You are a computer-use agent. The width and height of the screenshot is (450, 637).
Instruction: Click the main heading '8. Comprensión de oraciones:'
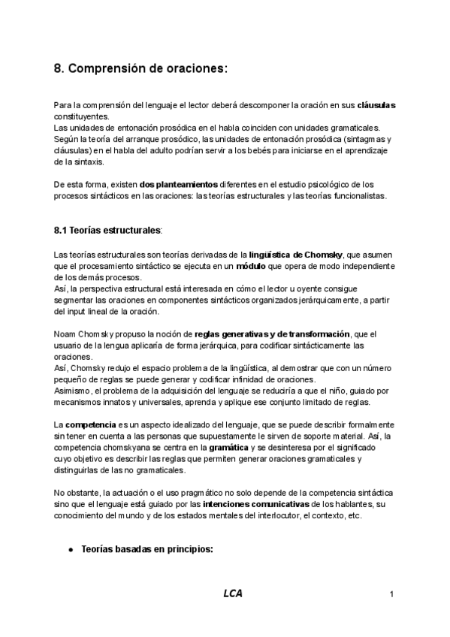[x=140, y=68]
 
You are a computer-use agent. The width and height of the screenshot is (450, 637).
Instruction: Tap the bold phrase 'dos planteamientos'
[x=178, y=183]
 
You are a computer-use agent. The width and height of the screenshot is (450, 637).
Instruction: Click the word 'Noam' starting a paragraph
[x=67, y=334]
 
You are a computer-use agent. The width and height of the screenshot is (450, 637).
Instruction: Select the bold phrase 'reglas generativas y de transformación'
[x=272, y=334]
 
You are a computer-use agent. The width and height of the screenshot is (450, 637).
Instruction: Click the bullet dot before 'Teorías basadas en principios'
[x=71, y=550]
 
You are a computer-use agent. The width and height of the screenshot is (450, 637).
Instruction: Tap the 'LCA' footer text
[x=232, y=593]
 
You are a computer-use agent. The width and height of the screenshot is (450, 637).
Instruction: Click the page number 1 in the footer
[x=392, y=594]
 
